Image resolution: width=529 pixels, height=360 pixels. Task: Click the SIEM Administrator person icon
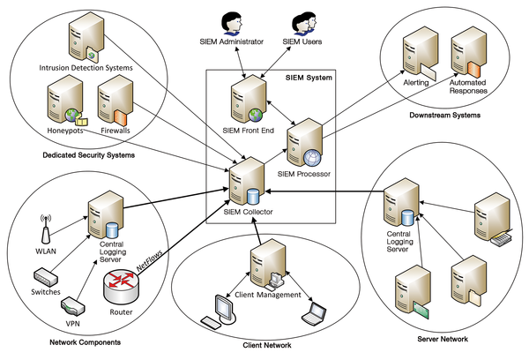pos(232,20)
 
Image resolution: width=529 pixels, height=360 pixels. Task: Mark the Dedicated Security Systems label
pos(88,156)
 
